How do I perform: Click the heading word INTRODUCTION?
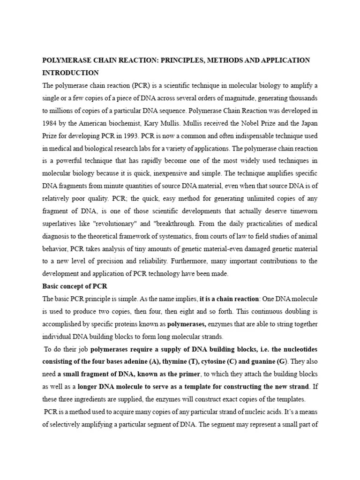pos(71,73)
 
